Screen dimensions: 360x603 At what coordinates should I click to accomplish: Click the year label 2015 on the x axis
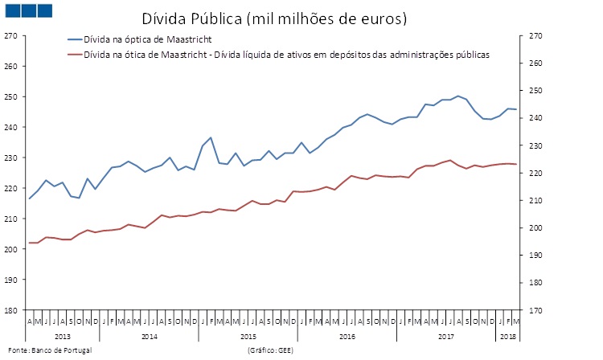click(x=248, y=335)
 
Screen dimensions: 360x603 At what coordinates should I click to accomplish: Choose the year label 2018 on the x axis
click(x=508, y=335)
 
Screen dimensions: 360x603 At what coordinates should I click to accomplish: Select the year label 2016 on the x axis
click(x=347, y=335)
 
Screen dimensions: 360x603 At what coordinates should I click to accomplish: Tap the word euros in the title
click(x=379, y=18)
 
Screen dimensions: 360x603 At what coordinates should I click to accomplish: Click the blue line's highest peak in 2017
click(x=458, y=96)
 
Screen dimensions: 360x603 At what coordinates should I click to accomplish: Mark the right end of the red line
click(x=516, y=164)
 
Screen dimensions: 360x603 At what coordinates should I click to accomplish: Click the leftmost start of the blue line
click(x=30, y=198)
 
